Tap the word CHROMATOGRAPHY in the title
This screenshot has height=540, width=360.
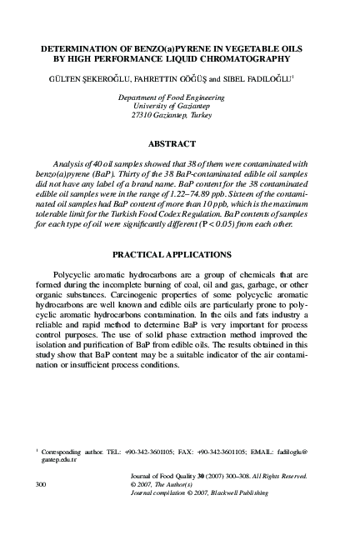coord(248,60)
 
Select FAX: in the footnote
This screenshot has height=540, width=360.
coord(186,451)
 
